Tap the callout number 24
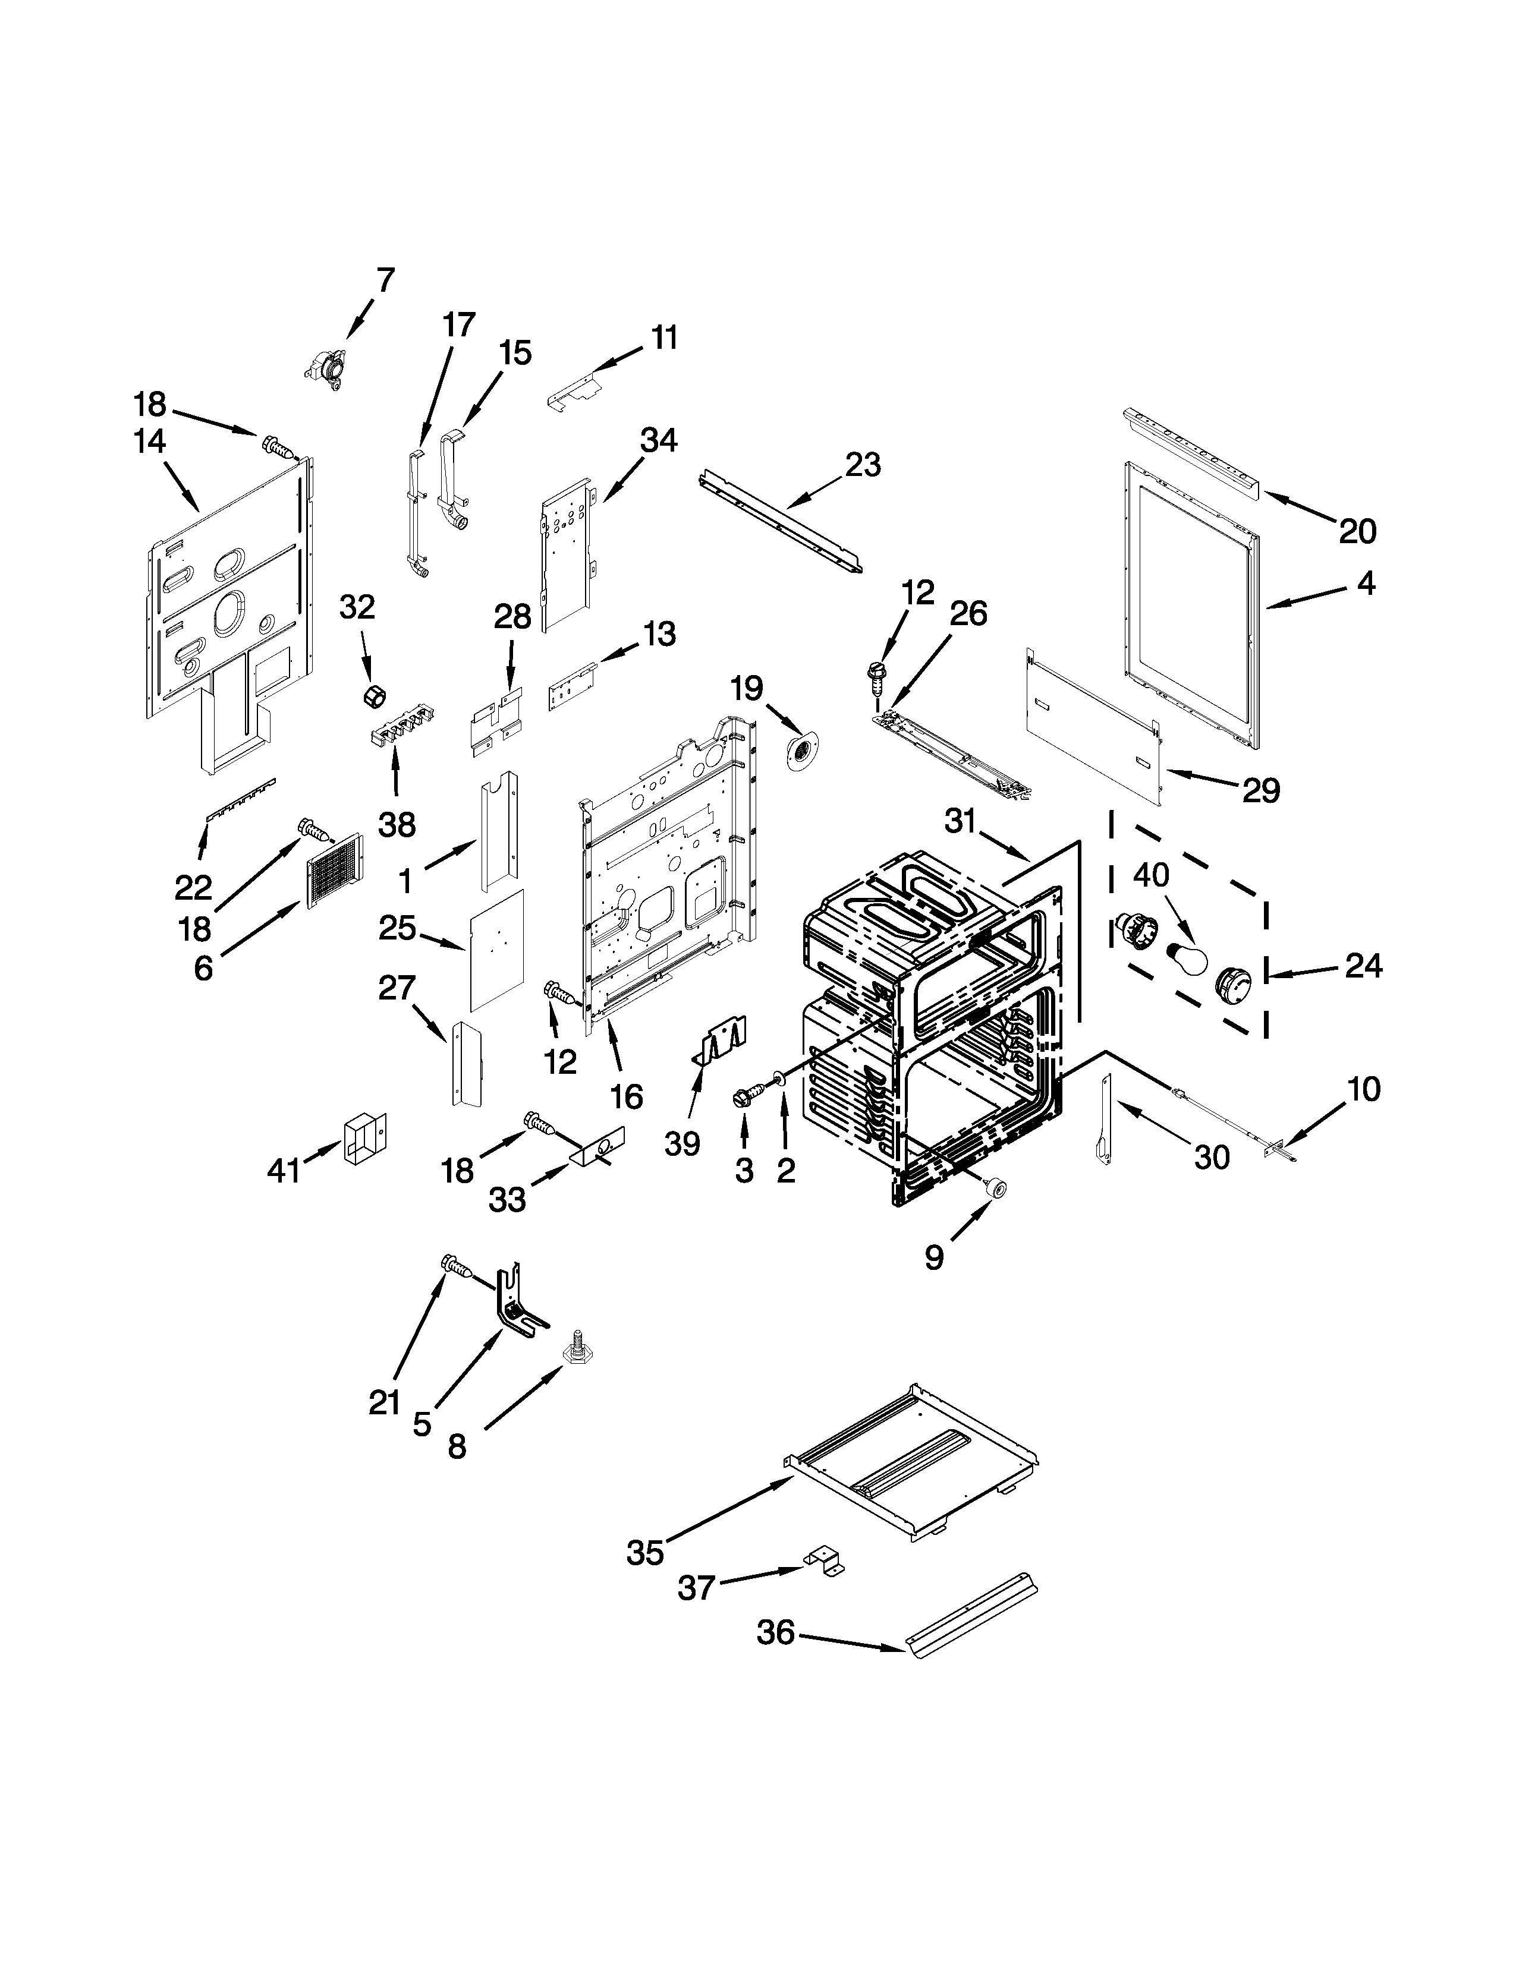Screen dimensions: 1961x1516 [1363, 966]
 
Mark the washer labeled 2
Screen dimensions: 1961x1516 [778, 1079]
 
